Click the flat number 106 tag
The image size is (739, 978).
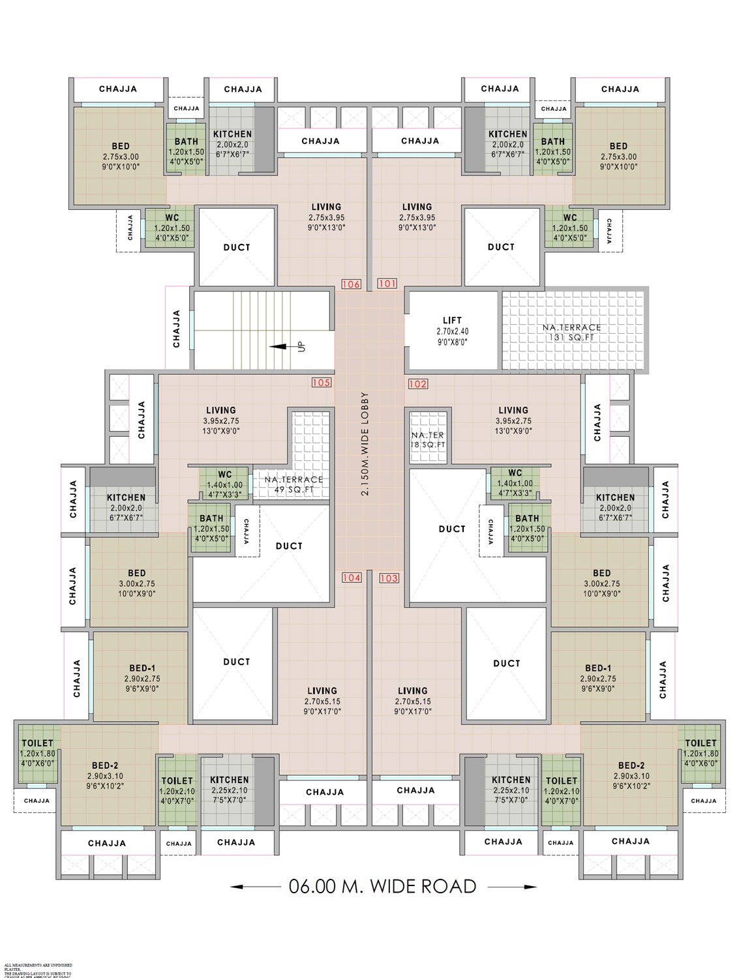coord(351,284)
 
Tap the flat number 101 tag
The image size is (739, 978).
coord(387,284)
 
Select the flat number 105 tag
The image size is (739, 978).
coord(321,383)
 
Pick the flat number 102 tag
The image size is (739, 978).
coord(417,384)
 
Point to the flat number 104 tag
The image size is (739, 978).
coord(351,578)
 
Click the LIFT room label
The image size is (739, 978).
coord(452,320)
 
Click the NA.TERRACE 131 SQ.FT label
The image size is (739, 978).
coord(572,332)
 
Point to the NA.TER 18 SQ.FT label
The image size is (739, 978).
coord(428,439)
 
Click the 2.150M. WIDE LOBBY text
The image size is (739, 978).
coord(365,444)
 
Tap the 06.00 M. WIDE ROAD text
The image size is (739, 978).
coord(383,886)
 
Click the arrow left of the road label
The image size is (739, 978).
coord(254,887)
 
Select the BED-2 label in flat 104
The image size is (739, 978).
coord(105,765)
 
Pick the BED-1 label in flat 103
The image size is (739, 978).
coord(598,668)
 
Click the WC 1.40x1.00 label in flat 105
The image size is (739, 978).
coord(225,474)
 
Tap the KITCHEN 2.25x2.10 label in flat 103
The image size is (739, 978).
coord(511,780)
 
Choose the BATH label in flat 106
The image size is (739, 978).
coord(186,141)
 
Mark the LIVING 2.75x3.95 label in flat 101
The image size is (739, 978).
coord(417,207)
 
